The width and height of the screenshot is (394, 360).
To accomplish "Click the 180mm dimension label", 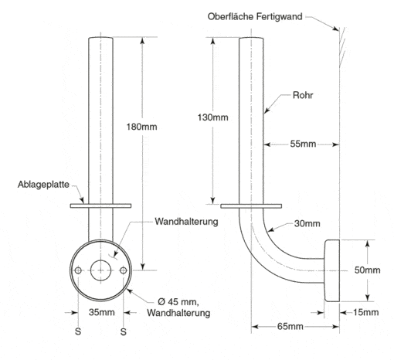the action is pos(141,127).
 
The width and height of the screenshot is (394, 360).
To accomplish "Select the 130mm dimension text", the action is pos(212,117).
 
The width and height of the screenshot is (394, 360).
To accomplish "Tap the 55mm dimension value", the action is pos(303,144).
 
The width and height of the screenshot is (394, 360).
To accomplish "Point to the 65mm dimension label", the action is pos(290,327).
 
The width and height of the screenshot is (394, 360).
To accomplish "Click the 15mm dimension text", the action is pos(365,312).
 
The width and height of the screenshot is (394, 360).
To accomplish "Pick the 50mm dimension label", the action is pos(368,270).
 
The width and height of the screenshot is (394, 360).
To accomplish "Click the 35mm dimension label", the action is pos(102,312).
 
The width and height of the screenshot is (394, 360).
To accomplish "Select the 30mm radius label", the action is pos(307,223).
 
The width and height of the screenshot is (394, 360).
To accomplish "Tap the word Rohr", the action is pos(303,95).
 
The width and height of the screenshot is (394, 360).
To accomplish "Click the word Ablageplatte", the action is pos(43,185).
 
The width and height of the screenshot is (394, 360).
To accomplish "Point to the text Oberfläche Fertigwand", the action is pos(255,16).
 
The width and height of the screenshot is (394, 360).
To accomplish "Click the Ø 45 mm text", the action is pos(178,301).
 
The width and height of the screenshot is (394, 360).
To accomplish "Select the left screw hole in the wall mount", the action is pos(78,270).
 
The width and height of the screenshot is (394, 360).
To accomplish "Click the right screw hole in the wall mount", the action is pos(124,270).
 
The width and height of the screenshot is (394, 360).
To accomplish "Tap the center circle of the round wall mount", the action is pos(100,270).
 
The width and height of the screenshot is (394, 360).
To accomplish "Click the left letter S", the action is pos(78,331).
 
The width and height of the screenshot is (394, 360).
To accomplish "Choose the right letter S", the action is pos(124,331).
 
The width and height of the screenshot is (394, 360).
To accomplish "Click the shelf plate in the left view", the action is pos(100,205).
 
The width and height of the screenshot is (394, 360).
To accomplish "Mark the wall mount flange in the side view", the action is pos(332,270).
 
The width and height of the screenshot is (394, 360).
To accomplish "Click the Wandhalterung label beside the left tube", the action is pos(186,222).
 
